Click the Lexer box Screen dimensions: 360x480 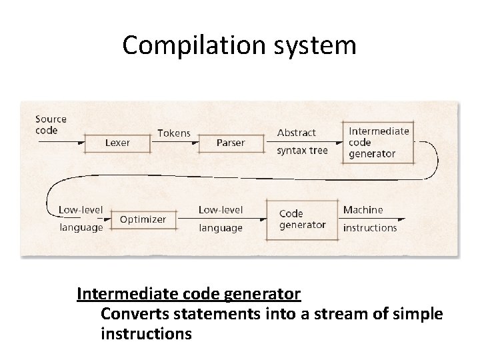click(117, 142)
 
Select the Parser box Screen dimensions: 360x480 click(231, 142)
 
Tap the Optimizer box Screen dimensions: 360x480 click(143, 219)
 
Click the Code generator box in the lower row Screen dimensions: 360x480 click(301, 219)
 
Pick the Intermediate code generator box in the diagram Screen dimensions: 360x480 click(379, 142)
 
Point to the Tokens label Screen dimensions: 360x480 click(173, 133)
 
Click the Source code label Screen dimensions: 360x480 click(51, 125)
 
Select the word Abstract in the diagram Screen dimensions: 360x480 click(297, 133)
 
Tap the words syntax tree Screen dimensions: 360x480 click(302, 151)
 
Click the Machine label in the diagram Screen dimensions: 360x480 click(363, 209)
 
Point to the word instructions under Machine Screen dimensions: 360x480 click(369, 227)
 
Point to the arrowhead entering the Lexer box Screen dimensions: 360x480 click(85, 142)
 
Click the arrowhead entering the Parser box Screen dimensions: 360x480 click(198, 142)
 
